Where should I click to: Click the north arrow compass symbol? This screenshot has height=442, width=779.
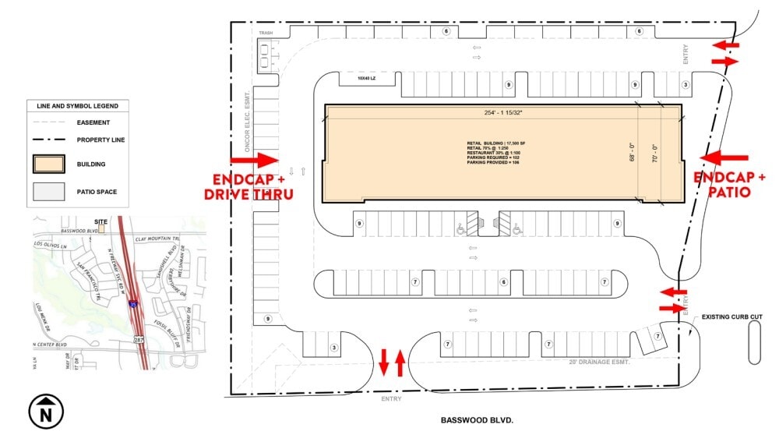tap(46, 411)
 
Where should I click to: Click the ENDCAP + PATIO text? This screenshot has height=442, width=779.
tap(730, 184)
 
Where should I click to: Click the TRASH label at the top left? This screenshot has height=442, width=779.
tap(266, 33)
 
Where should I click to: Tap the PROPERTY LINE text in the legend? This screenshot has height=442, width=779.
tap(100, 140)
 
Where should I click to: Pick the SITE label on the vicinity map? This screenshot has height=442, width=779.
tap(100, 221)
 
